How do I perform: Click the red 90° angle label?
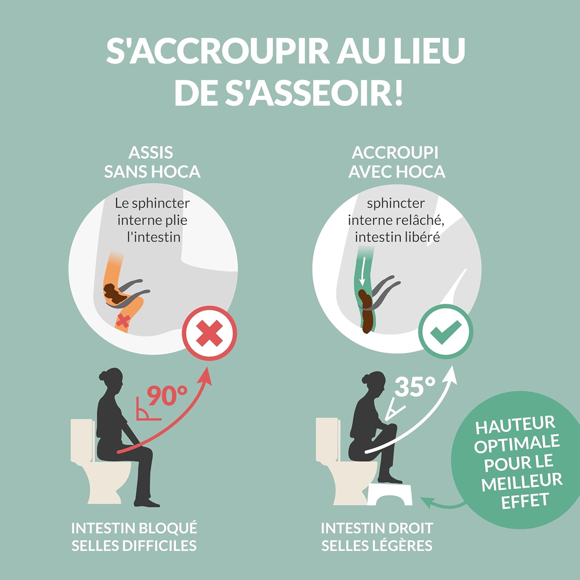[x=167, y=396]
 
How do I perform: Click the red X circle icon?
[x=210, y=333]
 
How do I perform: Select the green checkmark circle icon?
[x=446, y=332]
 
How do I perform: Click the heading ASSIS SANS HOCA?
[x=152, y=162]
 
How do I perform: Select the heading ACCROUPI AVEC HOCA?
[x=396, y=162]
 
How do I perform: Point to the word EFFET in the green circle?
[x=525, y=502]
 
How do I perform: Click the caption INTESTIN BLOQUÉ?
[x=134, y=528]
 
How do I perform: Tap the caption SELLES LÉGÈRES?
[x=377, y=546]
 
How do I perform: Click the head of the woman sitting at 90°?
[x=111, y=377]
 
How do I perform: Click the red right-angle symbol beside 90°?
[x=146, y=411]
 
